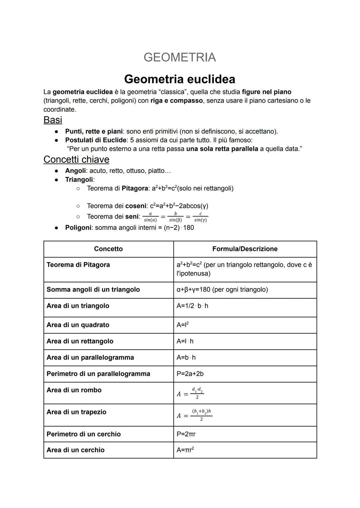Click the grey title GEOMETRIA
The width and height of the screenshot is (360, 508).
tap(180, 57)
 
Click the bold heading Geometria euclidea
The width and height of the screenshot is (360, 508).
tap(180, 79)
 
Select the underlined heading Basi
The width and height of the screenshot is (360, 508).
tap(53, 120)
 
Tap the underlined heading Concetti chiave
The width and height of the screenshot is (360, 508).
tap(76, 160)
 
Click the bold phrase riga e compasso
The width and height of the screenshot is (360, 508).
tap(176, 101)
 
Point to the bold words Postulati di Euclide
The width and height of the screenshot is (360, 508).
tap(96, 140)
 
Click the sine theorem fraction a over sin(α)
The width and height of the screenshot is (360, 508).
tap(150, 217)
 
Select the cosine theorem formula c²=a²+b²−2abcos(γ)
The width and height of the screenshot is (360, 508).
tap(179, 206)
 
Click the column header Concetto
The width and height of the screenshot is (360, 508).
tap(108, 249)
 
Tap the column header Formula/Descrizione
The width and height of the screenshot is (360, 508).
tap(245, 249)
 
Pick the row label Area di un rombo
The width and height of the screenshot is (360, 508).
tap(74, 390)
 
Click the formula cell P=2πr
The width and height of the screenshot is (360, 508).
tap(186, 434)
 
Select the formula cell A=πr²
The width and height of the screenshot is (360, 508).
tap(185, 450)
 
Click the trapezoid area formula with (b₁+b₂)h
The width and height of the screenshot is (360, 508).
tap(195, 415)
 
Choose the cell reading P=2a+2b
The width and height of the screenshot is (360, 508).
tap(190, 374)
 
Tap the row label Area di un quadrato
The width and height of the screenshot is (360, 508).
tap(78, 325)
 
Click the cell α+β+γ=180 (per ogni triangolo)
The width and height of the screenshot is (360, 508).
tap(222, 289)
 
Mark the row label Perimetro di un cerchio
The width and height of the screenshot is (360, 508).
tap(83, 434)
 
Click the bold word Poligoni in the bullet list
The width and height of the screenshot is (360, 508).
tap(78, 228)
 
